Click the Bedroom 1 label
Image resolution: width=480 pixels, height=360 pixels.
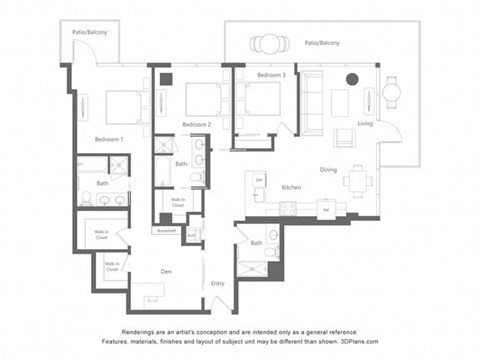tap(108, 138)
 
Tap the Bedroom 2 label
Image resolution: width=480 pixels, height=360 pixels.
tap(195, 124)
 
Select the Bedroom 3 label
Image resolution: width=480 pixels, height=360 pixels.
tap(271, 76)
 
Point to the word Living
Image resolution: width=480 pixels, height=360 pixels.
tap(365, 124)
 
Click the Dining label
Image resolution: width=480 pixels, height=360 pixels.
tap(328, 169)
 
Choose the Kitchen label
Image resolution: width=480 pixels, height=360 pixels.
tap(291, 187)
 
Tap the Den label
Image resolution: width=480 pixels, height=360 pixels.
tap(167, 270)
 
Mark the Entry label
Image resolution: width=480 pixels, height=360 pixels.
tap(217, 283)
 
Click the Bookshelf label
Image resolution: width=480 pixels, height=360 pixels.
tap(165, 230)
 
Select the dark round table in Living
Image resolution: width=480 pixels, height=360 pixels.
tap(352, 79)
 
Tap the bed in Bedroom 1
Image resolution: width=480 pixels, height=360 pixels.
tap(122, 106)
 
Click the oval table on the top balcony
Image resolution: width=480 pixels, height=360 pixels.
tap(268, 43)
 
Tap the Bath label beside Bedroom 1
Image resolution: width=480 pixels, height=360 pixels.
tap(102, 184)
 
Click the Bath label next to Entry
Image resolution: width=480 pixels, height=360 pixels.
tap(257, 243)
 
